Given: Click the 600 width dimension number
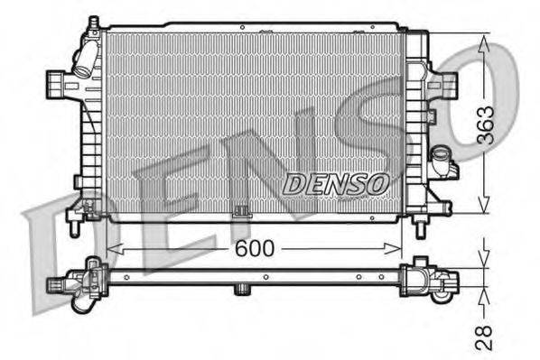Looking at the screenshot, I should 253,250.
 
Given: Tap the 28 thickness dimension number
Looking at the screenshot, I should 485,336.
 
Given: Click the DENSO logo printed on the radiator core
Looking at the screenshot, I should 335,183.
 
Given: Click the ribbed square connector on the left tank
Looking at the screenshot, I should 55,86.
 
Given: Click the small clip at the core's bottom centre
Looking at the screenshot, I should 240,214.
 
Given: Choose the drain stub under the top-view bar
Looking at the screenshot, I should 241,290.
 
